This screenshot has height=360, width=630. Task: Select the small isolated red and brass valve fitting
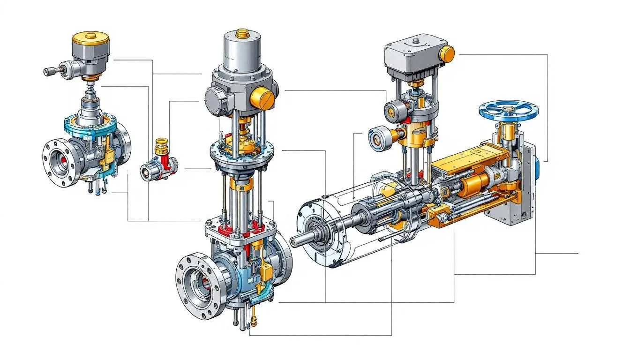159,162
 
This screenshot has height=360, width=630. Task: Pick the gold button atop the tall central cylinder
242,33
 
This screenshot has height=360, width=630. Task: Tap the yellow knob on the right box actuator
448,53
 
